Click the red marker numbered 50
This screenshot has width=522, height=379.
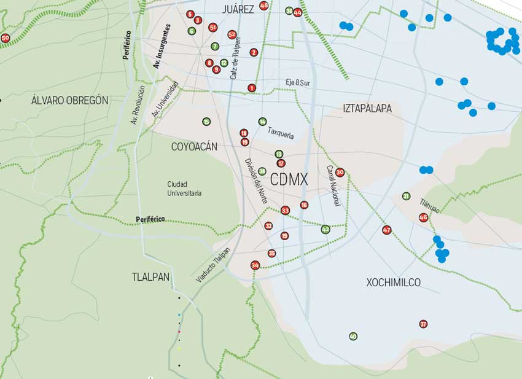click(6, 38)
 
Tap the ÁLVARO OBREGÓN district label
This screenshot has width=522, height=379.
click(70, 100)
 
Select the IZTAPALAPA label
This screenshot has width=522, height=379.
click(367, 108)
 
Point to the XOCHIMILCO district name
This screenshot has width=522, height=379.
click(394, 283)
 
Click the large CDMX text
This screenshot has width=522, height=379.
click(289, 180)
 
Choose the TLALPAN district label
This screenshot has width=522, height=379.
click(150, 277)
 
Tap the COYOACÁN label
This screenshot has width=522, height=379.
click(194, 147)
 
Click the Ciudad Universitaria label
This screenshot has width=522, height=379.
click(184, 189)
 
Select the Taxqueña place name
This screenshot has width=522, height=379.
click(281, 131)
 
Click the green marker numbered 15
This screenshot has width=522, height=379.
click(206, 122)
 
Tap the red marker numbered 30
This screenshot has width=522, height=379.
click(340, 173)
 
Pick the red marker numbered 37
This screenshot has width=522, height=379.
click(423, 324)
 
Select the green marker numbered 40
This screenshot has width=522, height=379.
click(353, 336)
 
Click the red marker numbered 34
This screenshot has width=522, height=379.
click(255, 265)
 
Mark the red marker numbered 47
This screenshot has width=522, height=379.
click(387, 230)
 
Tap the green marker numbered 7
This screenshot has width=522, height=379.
click(215, 47)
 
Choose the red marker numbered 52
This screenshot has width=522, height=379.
click(232, 34)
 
